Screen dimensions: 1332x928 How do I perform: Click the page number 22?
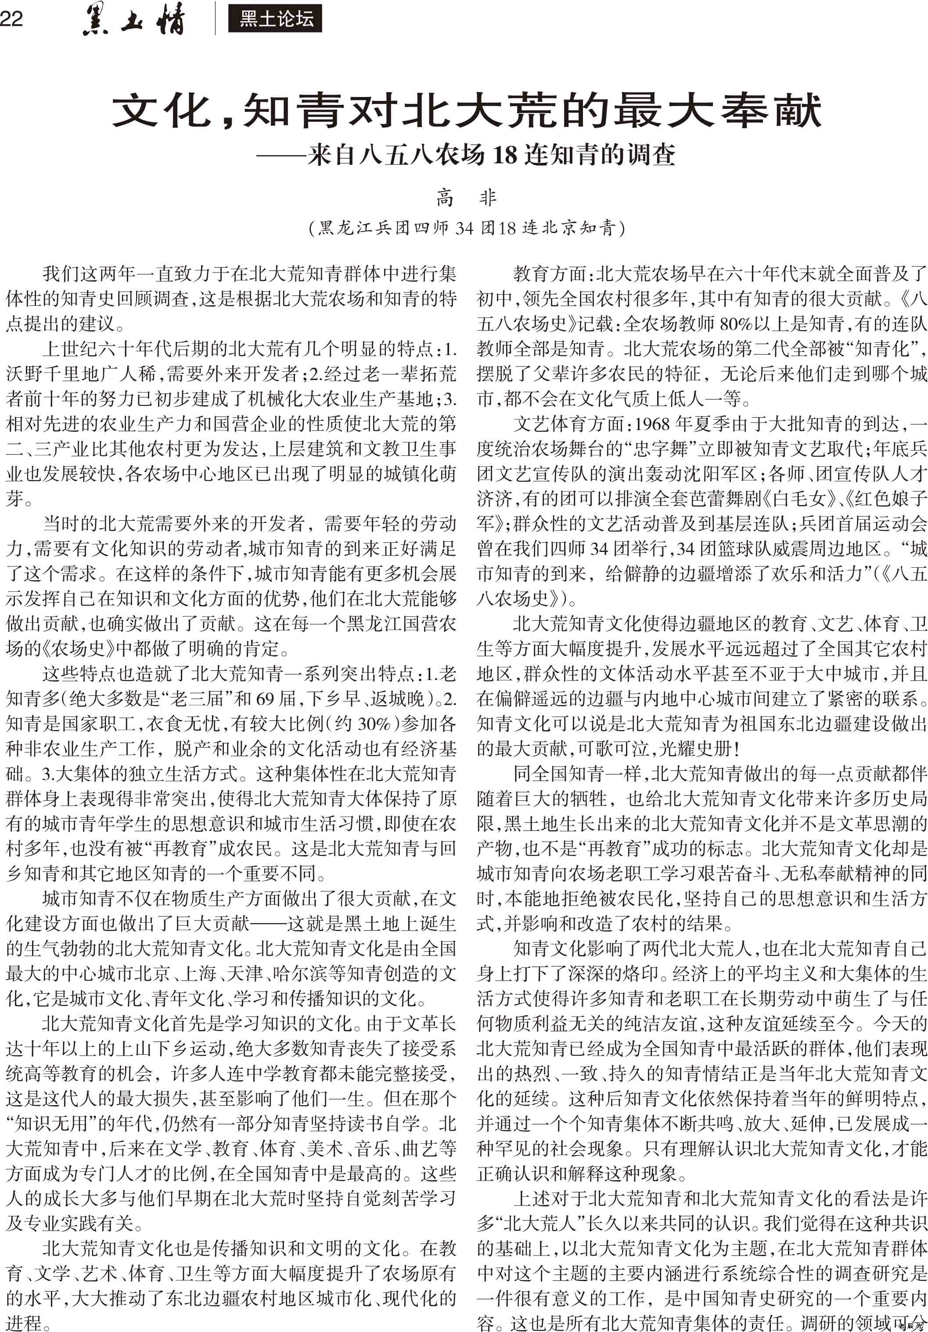click(x=11, y=19)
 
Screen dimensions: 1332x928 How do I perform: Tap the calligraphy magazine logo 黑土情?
click(x=134, y=20)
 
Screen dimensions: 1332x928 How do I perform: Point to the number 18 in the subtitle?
click(x=505, y=155)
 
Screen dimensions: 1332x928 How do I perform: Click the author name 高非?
click(x=466, y=198)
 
